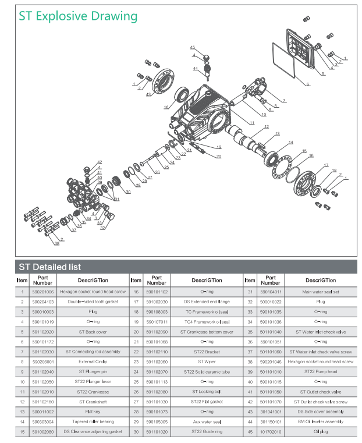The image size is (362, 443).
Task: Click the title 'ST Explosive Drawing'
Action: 78,16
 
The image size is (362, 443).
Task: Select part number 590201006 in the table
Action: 43,292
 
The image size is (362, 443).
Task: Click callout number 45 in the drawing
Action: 192,47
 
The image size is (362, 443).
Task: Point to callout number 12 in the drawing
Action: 267,127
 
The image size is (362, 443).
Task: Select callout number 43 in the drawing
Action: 149,94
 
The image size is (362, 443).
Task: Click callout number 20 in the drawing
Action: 219,157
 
